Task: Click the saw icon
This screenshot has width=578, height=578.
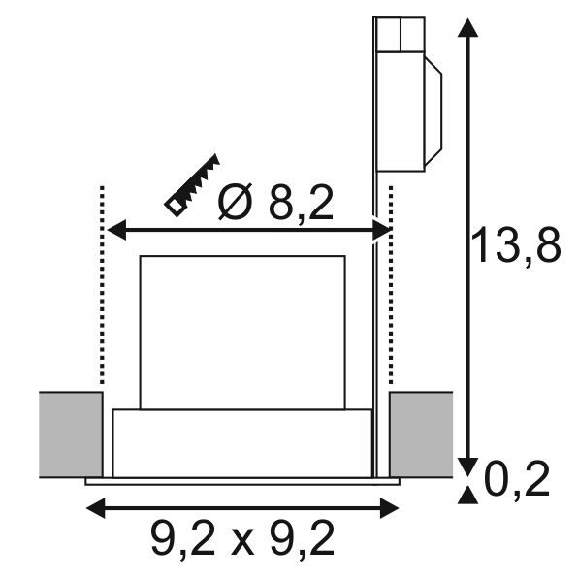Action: [x=192, y=185]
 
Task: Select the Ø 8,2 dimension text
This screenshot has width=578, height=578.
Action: [x=275, y=202]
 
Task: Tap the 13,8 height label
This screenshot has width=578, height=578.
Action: [x=515, y=244]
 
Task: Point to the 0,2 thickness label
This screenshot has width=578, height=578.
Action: [x=517, y=478]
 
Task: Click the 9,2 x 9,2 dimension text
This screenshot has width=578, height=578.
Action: [x=242, y=539]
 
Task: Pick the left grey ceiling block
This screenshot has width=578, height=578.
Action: [x=71, y=434]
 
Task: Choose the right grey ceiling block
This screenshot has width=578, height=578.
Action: [x=421, y=434]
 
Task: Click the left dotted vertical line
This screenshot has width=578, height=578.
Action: [x=102, y=285]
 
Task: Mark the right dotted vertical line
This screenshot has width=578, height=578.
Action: [x=391, y=285]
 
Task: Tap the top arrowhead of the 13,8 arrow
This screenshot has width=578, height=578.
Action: [x=467, y=28]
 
